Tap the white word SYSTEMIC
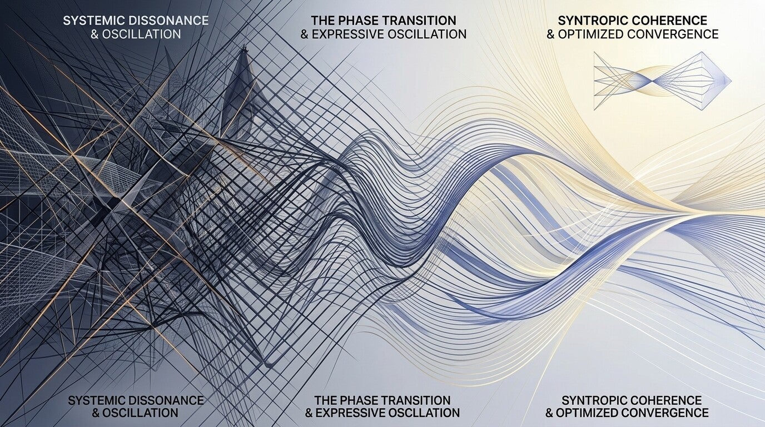92,21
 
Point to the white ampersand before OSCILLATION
95,34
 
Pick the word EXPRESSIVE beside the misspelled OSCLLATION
353,413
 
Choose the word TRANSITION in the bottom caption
419,400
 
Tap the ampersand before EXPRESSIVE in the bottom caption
309,413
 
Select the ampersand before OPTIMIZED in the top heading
550,34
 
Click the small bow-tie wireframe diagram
662,81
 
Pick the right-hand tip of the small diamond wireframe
731,81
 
